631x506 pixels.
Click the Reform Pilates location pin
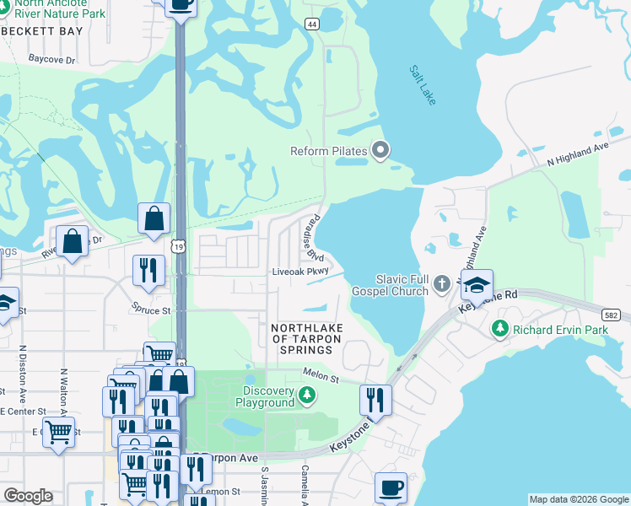tap(380, 152)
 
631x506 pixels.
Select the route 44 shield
tap(312, 24)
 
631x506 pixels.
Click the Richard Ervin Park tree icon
tap(501, 327)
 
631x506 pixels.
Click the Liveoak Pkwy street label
tap(299, 272)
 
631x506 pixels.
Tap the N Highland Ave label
tap(578, 153)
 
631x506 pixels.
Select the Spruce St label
tap(150, 310)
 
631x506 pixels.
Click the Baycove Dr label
tap(51, 60)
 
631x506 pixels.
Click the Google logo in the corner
tap(28, 496)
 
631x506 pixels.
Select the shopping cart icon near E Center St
tap(59, 432)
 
